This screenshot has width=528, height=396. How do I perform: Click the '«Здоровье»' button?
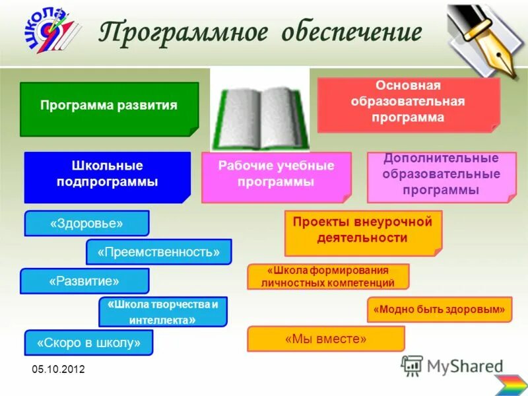point(86,223)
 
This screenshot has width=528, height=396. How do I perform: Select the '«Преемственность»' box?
point(158,251)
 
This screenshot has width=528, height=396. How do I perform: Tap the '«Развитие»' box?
point(84,280)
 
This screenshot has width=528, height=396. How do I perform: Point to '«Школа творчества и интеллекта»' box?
point(162,312)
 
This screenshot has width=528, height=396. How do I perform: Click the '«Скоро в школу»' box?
point(88,343)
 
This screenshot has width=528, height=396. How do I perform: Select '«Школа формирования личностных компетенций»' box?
point(328,277)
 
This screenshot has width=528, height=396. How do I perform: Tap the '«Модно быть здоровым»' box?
point(439,309)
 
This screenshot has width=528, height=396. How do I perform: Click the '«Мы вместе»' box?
point(325,339)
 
